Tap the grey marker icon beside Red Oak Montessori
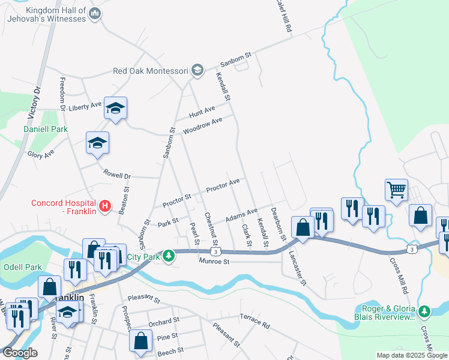(x=197, y=70)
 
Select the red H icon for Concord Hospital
(x=106, y=207)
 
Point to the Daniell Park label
(x=46, y=129)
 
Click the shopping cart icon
(x=397, y=190)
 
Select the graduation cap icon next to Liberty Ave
(x=115, y=108)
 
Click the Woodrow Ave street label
(x=203, y=125)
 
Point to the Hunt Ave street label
(x=202, y=112)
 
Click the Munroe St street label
(x=215, y=262)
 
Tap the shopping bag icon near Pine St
(x=140, y=340)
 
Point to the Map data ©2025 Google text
(x=412, y=355)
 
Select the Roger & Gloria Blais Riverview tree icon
(x=425, y=311)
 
